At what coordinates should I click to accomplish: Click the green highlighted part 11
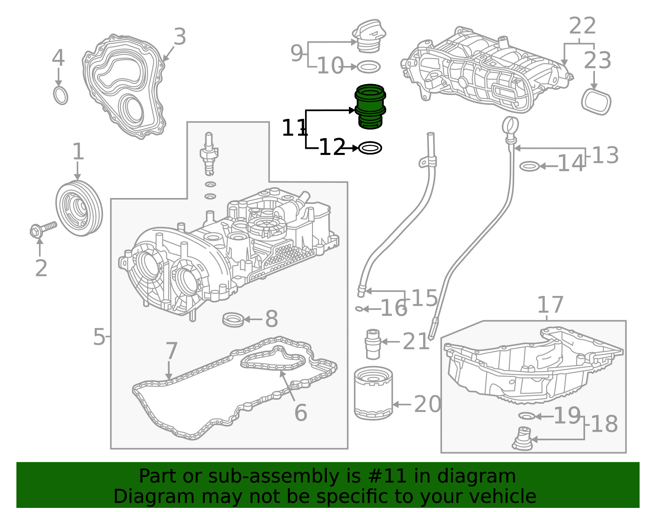(370, 106)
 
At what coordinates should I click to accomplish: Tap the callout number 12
(332, 147)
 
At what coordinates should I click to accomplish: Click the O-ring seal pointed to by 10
(369, 66)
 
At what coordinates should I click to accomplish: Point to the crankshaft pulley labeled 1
(79, 208)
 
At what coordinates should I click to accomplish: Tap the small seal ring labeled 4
(61, 96)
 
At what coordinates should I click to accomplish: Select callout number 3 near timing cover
(180, 37)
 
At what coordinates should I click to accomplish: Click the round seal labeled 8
(233, 319)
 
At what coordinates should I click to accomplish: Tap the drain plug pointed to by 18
(522, 439)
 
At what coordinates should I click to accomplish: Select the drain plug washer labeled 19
(526, 416)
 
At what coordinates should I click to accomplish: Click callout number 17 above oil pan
(550, 305)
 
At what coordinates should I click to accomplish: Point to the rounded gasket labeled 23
(596, 102)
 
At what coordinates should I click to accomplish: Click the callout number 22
(582, 26)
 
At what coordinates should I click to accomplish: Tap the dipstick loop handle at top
(510, 125)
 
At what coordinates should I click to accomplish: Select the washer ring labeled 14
(529, 166)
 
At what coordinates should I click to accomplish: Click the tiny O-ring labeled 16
(359, 309)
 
